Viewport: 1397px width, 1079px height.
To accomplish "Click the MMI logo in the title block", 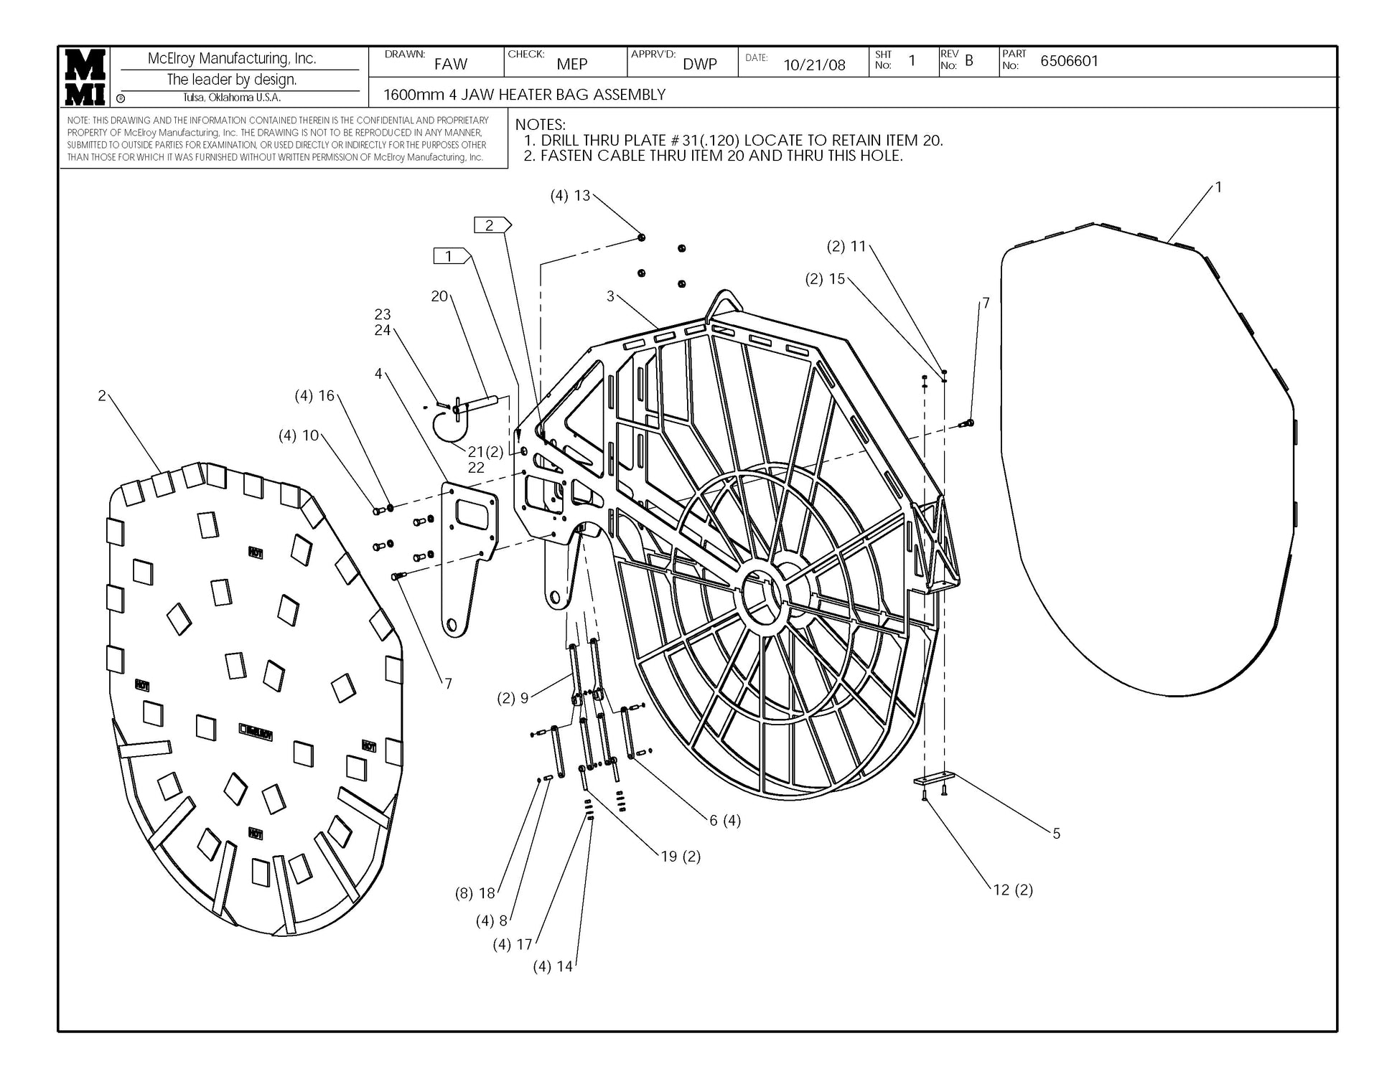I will click(85, 77).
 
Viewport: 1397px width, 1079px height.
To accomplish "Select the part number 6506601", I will click(1069, 61).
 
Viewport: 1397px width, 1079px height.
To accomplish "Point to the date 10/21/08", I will click(814, 65).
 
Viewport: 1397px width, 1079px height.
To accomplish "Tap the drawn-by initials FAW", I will click(450, 64).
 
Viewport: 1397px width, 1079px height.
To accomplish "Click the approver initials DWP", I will click(699, 64).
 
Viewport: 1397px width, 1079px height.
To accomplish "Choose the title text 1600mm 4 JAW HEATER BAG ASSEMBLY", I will click(524, 95).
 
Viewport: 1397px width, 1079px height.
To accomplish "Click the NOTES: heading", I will click(540, 125).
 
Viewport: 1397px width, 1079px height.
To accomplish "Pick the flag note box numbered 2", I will click(491, 225).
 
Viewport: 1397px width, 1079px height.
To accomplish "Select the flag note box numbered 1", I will click(451, 255).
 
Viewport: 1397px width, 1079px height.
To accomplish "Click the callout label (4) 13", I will click(570, 195).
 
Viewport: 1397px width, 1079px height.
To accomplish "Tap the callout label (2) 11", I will click(846, 246).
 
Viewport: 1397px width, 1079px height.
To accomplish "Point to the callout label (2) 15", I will click(825, 278).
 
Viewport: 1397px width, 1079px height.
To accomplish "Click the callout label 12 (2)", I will click(1012, 890).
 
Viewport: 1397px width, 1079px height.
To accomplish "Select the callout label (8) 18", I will click(475, 893).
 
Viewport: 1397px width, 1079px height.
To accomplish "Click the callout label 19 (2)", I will click(680, 856).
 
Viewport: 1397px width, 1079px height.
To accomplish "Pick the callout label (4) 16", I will click(314, 395).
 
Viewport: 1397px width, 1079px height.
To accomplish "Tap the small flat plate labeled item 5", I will click(933, 779).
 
